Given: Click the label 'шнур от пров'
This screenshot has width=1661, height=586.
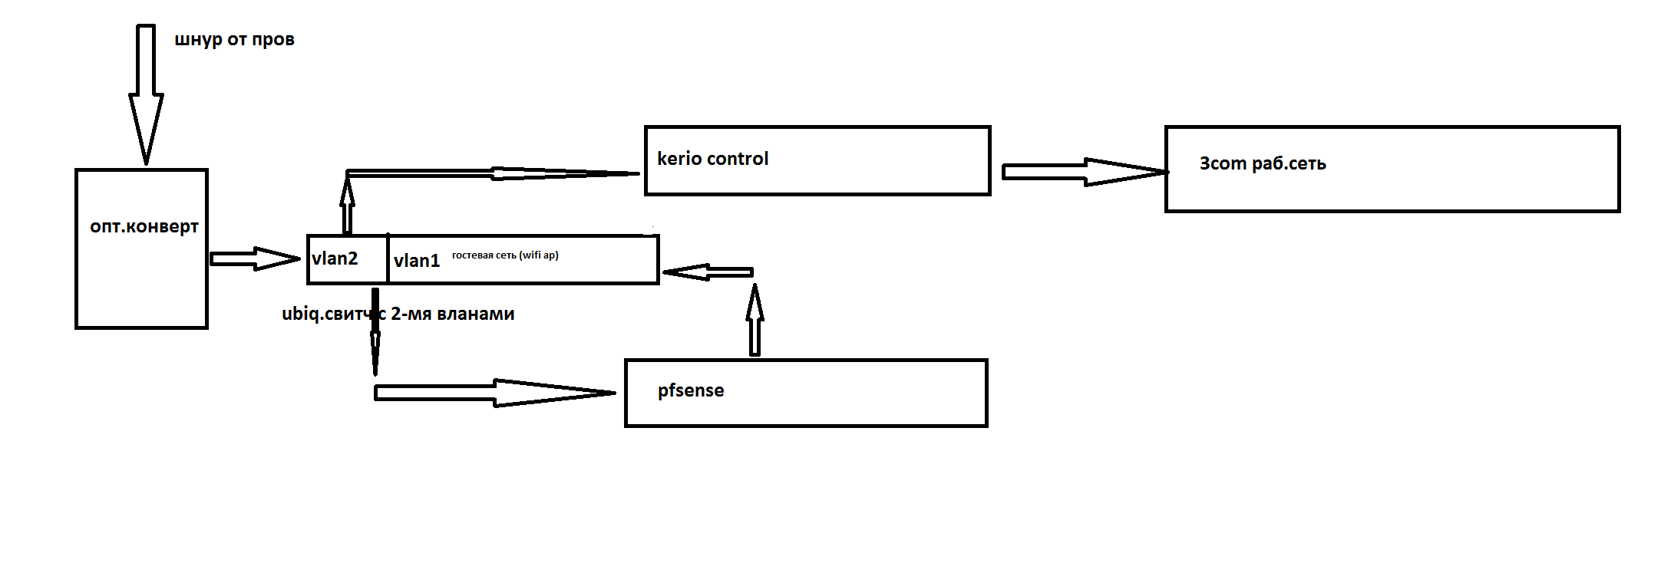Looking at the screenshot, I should tap(234, 40).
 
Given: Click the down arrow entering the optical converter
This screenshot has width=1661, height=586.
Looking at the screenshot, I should tap(146, 92).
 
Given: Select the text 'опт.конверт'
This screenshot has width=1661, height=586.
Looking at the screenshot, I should tap(144, 227).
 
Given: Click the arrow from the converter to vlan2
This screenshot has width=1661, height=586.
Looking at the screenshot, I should tap(253, 258).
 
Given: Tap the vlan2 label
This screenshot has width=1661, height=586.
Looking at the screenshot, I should tap(335, 259).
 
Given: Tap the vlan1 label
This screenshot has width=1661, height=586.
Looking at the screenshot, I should tap(417, 261).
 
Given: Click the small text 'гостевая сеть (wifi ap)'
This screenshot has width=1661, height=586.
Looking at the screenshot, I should tap(505, 255).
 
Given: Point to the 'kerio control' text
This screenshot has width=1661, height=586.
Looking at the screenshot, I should tap(712, 159).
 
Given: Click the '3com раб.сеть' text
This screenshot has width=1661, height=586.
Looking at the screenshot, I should tap(1263, 163).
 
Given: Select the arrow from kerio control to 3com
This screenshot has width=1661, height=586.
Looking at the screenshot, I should tap(1082, 172).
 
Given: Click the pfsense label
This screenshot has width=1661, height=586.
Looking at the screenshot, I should tap(691, 390).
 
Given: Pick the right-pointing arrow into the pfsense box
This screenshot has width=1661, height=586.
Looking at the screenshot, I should tap(495, 393).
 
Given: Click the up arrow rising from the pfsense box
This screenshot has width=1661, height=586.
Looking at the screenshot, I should tap(755, 321).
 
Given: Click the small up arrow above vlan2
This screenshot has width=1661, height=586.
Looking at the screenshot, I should tap(347, 204).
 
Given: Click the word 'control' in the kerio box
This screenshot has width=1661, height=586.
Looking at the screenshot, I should tap(738, 159).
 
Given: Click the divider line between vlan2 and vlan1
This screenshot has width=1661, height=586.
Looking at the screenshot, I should tap(388, 259).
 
